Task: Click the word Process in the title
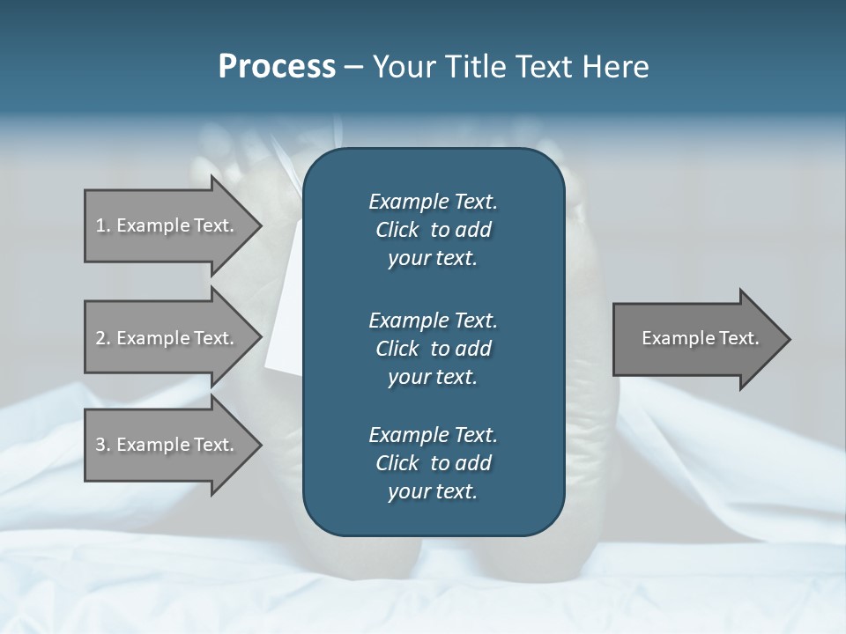click(x=277, y=67)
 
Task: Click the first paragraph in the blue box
click(x=433, y=230)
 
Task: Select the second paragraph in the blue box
click(x=433, y=349)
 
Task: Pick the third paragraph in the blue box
click(x=433, y=463)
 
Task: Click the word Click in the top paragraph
click(x=397, y=230)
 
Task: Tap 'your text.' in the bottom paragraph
click(x=433, y=492)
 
